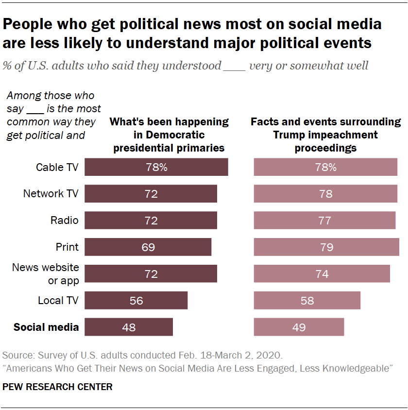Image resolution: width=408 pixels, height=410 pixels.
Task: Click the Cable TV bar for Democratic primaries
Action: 156,167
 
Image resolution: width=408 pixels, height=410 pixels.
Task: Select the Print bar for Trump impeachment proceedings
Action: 326,247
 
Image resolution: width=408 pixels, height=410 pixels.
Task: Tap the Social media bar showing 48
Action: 129,327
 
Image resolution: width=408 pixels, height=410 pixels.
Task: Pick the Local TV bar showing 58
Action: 307,300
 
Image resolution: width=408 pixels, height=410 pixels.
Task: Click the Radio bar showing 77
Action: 324,221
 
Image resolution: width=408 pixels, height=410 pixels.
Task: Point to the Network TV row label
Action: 51,194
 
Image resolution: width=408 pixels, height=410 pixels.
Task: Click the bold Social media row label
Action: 46,327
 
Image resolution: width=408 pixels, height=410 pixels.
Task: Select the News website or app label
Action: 46,273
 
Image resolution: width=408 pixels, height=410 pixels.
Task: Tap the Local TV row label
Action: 58,300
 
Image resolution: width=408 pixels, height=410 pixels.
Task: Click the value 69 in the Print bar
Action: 148,247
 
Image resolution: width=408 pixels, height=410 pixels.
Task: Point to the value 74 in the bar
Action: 322,274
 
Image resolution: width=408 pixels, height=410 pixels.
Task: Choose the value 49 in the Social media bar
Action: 299,327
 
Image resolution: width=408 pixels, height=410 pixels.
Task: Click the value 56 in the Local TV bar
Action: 136,301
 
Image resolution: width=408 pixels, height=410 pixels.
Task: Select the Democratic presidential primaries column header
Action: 169,135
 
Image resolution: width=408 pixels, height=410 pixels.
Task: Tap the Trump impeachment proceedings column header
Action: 325,135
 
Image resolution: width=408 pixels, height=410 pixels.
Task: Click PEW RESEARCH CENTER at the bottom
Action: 57,387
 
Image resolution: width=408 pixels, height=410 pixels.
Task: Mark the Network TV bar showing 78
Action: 325,194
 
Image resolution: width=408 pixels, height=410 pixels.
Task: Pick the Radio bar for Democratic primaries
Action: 151,221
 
